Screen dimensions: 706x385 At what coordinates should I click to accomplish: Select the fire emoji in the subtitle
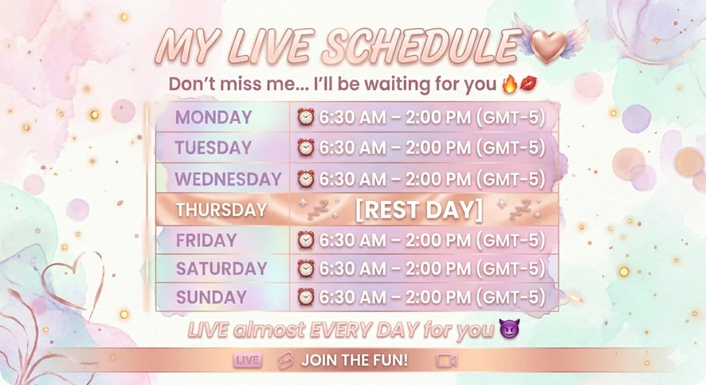[510, 84]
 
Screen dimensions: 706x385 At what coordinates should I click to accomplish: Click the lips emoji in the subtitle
[528, 84]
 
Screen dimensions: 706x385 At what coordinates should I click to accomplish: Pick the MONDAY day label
[214, 117]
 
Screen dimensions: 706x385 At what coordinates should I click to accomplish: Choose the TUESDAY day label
[213, 147]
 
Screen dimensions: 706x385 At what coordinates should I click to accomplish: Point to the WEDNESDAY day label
[228, 179]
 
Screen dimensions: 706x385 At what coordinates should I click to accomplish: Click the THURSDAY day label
[222, 210]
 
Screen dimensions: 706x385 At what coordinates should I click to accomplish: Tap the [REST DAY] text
[419, 210]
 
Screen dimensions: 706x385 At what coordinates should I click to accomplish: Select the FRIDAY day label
[206, 241]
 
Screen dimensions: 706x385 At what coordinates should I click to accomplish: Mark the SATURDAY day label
[222, 269]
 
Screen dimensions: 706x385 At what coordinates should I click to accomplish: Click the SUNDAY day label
[211, 297]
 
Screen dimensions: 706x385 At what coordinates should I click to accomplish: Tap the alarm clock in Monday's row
[305, 117]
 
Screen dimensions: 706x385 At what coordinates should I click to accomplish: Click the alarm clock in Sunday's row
[305, 297]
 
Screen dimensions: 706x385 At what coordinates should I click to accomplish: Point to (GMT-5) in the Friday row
[511, 240]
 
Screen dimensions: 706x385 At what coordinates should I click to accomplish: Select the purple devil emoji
[509, 328]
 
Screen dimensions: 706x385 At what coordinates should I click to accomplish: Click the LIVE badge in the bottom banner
[248, 360]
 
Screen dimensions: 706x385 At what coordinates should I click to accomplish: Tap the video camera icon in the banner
[447, 360]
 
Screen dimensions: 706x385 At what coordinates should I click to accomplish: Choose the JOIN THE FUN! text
[355, 360]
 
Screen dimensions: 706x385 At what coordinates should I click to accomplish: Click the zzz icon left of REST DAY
[318, 210]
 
